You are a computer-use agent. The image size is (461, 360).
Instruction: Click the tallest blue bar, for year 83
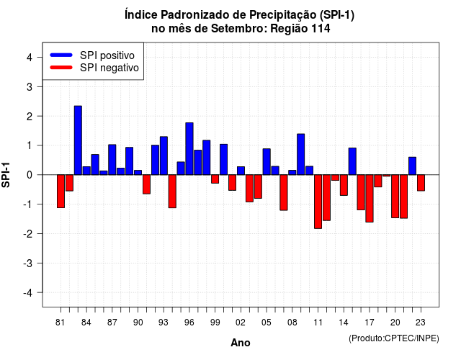pos(78,140)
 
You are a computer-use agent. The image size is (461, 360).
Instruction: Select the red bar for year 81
pos(61,192)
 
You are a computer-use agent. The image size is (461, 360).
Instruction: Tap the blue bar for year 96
pos(189,149)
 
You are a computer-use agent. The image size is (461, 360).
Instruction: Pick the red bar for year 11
pos(318,202)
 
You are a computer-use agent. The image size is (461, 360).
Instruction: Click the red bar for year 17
pos(370,199)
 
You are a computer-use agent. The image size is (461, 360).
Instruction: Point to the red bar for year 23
pos(421,183)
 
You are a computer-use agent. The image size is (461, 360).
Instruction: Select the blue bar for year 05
pos(267,161)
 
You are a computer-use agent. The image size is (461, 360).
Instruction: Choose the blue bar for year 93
pos(164,156)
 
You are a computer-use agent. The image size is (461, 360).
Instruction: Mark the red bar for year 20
pos(395,197)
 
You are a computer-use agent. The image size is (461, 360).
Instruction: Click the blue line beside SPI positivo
pos(61,55)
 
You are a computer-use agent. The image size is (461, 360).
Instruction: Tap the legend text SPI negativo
pos(109,68)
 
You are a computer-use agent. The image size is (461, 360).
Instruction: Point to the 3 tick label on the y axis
pos(30,86)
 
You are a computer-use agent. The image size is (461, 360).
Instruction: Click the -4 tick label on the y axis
pos(28,293)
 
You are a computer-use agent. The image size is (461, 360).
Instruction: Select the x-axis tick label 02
pos(241,323)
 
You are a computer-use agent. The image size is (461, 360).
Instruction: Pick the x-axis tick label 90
pos(138,323)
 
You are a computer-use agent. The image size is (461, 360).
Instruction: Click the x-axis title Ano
pos(241,343)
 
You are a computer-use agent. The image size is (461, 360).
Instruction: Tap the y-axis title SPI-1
pos(6,175)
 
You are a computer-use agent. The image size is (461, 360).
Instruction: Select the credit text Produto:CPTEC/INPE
pos(394,338)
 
